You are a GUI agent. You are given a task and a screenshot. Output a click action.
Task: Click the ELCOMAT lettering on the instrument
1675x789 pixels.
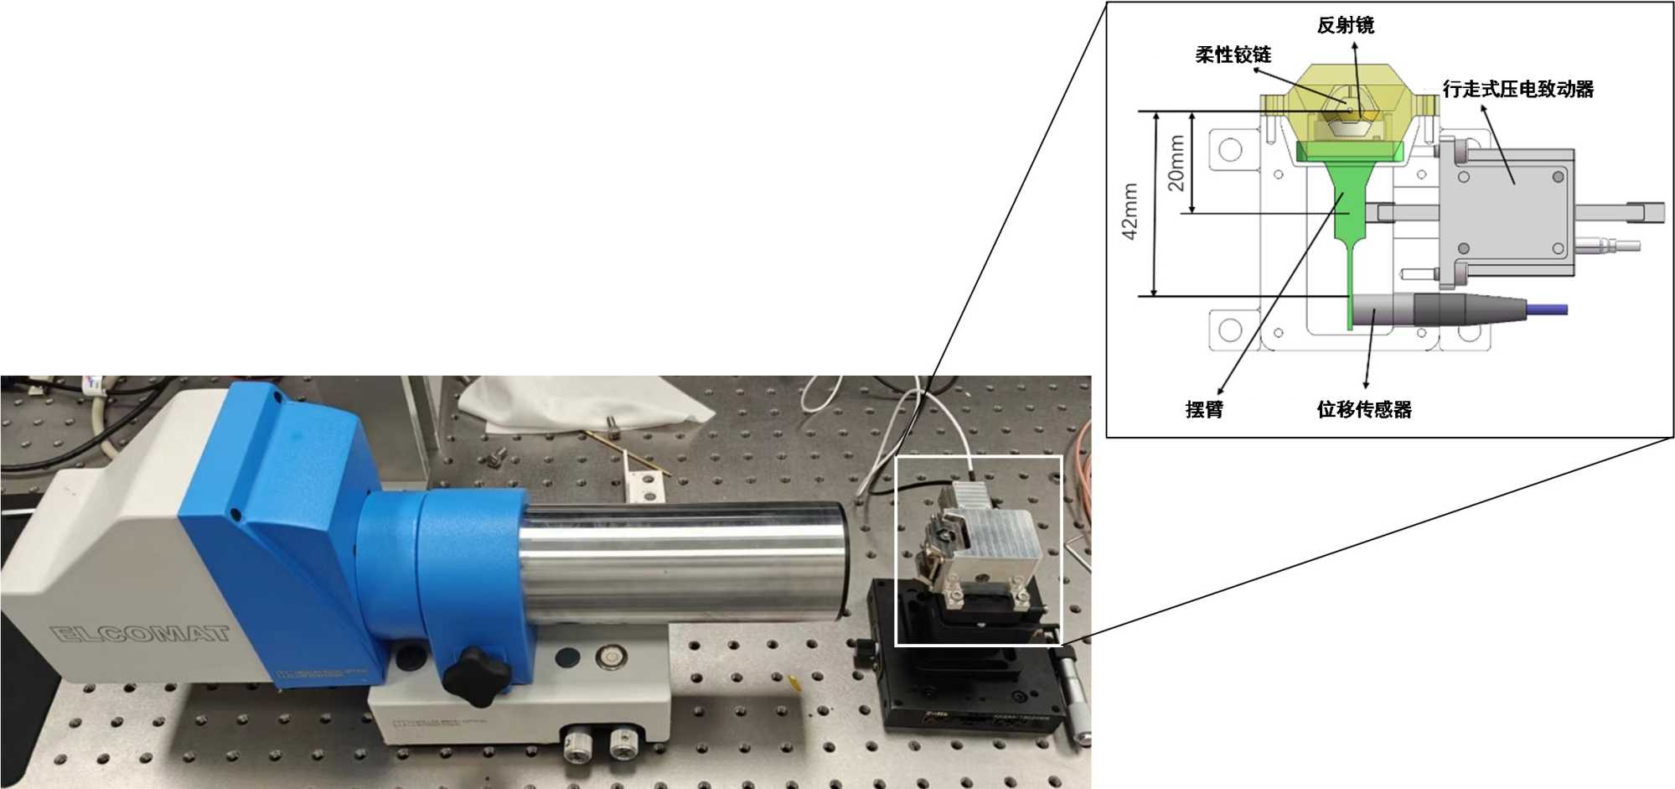pos(141,632)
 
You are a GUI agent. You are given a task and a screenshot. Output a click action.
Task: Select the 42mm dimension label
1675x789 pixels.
pos(1130,211)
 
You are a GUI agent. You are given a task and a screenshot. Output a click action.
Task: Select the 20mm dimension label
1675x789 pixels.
pos(1176,163)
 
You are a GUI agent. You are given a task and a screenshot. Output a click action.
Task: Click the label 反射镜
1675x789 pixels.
pos(1345,25)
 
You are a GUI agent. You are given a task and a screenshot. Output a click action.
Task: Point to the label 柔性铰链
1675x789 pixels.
pos(1233,55)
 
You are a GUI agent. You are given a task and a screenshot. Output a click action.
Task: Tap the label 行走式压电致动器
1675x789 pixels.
pos(1517,89)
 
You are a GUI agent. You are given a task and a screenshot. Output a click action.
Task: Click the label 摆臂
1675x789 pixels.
pos(1204,409)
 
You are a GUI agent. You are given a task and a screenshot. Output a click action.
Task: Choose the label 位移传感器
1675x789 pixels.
pos(1363,409)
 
